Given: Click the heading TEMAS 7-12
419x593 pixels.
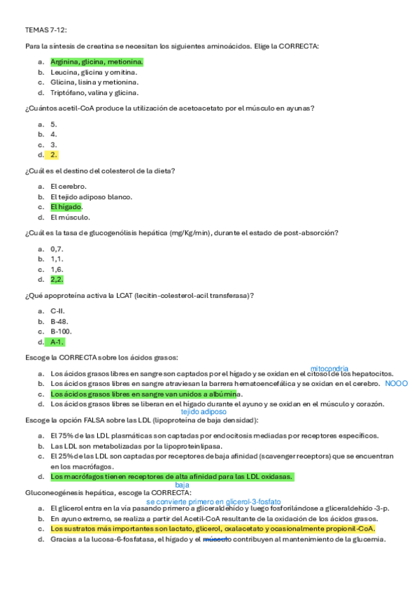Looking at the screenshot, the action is click(x=43, y=31).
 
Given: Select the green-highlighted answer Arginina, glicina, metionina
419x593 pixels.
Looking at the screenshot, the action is click(x=101, y=62).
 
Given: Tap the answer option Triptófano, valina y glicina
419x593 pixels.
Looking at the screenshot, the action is click(x=94, y=92).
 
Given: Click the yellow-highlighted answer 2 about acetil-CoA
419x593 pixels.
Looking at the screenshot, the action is click(x=54, y=155).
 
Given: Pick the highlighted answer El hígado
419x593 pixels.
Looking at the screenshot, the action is click(x=66, y=207).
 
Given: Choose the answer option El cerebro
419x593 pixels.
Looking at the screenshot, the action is click(x=69, y=186).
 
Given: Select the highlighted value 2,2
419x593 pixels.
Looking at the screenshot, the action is click(x=57, y=279).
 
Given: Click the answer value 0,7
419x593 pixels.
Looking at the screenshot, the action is click(x=57, y=248).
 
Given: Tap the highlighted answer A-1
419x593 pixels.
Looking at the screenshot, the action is click(x=57, y=342).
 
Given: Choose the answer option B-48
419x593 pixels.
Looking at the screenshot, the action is click(x=59, y=321).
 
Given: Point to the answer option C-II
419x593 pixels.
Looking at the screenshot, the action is click(x=59, y=310).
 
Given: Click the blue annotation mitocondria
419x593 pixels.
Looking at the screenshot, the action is click(x=329, y=368).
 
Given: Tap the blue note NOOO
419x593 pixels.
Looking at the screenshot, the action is click(x=396, y=383).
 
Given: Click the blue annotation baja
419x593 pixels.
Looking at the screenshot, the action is click(x=182, y=485).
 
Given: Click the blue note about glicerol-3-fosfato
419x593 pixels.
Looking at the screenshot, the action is click(x=214, y=501).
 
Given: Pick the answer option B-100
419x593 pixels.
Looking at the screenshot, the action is click(x=61, y=331).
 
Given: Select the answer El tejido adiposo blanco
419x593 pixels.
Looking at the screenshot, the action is click(x=91, y=197).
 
